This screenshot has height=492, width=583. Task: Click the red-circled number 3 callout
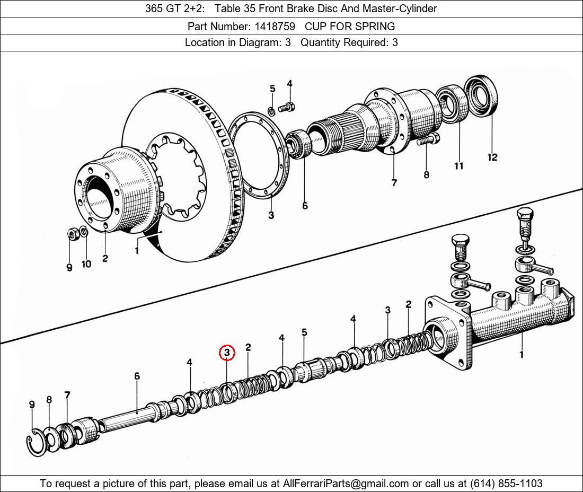click(227, 353)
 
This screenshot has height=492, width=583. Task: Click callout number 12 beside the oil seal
click(492, 157)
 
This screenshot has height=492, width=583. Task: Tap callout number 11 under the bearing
click(458, 166)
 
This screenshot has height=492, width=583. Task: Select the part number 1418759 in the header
click(275, 27)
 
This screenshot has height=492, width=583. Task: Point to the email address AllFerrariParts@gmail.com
click(346, 484)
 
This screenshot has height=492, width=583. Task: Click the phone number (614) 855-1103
click(506, 484)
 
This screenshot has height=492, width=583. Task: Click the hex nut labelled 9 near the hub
click(72, 234)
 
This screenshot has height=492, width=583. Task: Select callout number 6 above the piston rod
click(137, 376)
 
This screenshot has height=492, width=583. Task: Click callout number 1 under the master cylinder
click(522, 354)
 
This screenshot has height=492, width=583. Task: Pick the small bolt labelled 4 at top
click(286, 108)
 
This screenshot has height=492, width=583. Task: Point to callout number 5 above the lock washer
click(272, 89)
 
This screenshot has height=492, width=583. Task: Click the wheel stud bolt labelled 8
click(428, 140)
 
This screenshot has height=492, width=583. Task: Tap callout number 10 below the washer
click(86, 264)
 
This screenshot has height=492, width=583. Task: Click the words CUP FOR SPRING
click(350, 27)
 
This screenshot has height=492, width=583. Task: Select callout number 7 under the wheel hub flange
click(394, 182)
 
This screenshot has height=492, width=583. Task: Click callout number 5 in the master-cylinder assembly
click(304, 332)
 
